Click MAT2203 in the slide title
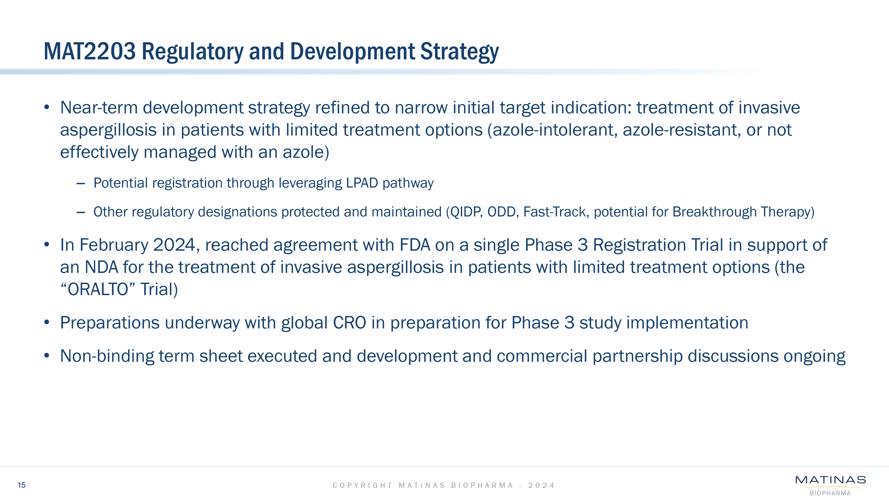[x=90, y=51]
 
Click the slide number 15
[x=21, y=485]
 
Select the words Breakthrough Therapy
[x=741, y=212]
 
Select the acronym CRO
[x=349, y=323]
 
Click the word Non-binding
[x=107, y=356]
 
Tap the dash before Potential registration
[x=81, y=184]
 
